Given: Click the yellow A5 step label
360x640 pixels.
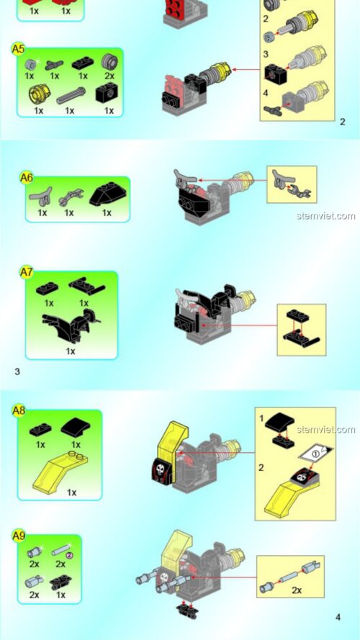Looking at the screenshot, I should (19, 49).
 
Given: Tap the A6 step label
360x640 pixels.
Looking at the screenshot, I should (27, 177).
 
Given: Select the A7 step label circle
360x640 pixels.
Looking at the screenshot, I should (27, 272).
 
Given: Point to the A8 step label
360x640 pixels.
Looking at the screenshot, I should (19, 410).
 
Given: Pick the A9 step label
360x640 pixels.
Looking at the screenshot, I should (19, 536).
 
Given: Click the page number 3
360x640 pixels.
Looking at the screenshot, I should (17, 371).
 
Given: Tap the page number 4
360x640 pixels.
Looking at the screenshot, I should (338, 617).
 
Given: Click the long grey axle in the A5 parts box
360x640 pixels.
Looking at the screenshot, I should (71, 94).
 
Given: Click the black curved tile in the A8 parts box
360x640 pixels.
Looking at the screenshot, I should (76, 428).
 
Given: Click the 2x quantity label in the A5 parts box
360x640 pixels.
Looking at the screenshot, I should (109, 76).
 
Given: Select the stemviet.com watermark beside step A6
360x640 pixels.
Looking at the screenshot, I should (325, 215).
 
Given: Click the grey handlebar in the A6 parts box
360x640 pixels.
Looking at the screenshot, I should (41, 194).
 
